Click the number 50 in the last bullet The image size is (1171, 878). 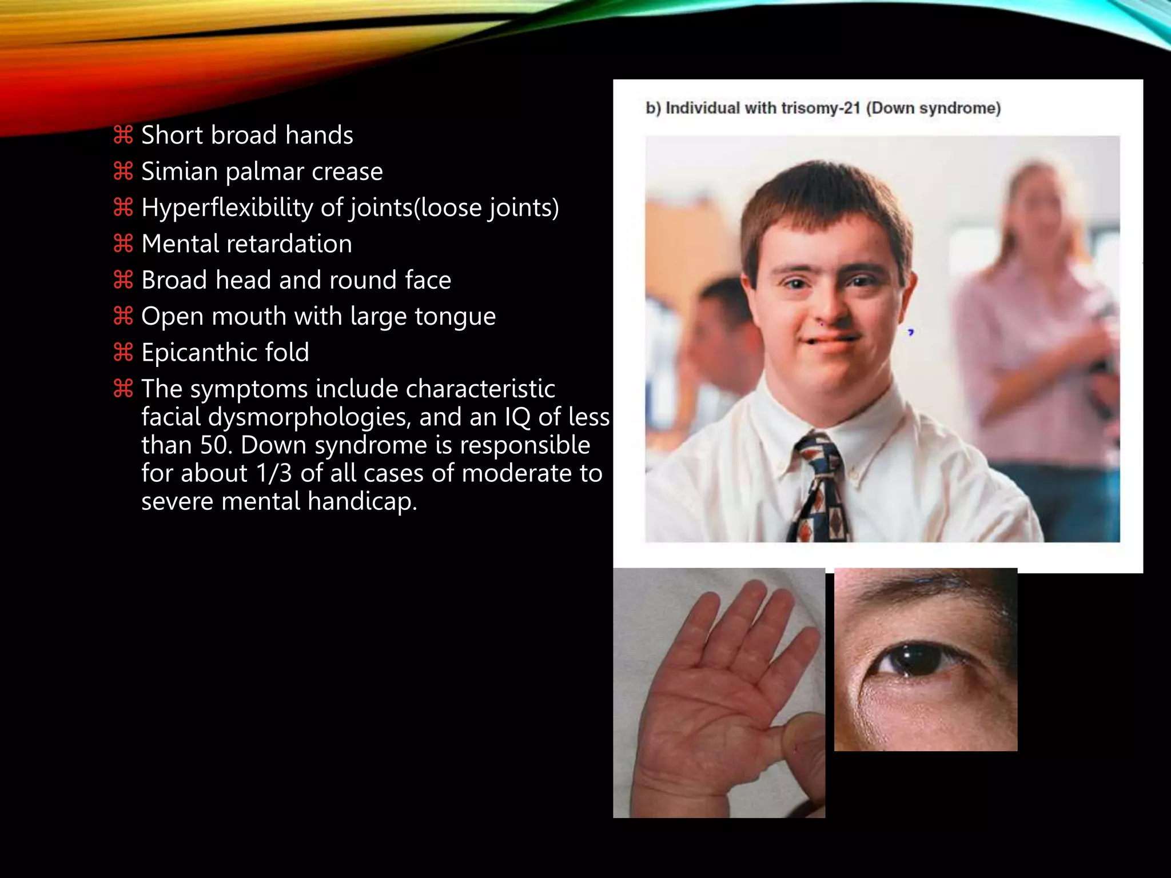pyautogui.click(x=216, y=445)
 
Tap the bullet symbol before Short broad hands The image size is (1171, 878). pyautogui.click(x=123, y=135)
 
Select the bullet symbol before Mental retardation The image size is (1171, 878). pyautogui.click(x=123, y=244)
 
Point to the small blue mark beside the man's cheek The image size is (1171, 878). pyautogui.click(x=911, y=332)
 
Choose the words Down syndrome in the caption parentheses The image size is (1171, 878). pyautogui.click(x=933, y=108)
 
